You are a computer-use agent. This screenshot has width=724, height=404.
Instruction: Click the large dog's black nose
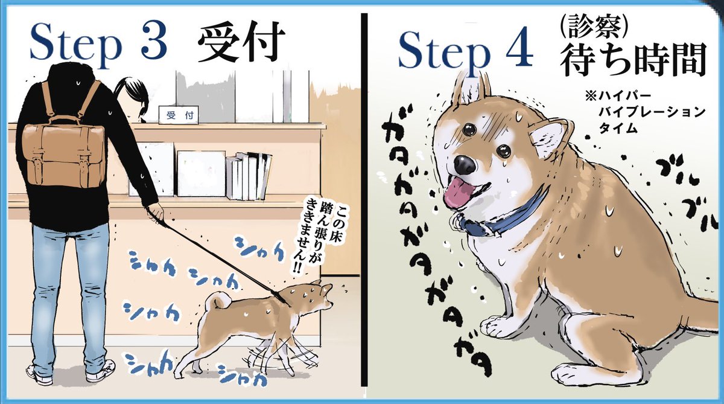465,164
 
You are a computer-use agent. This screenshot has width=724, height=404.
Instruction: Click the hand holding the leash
156,211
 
